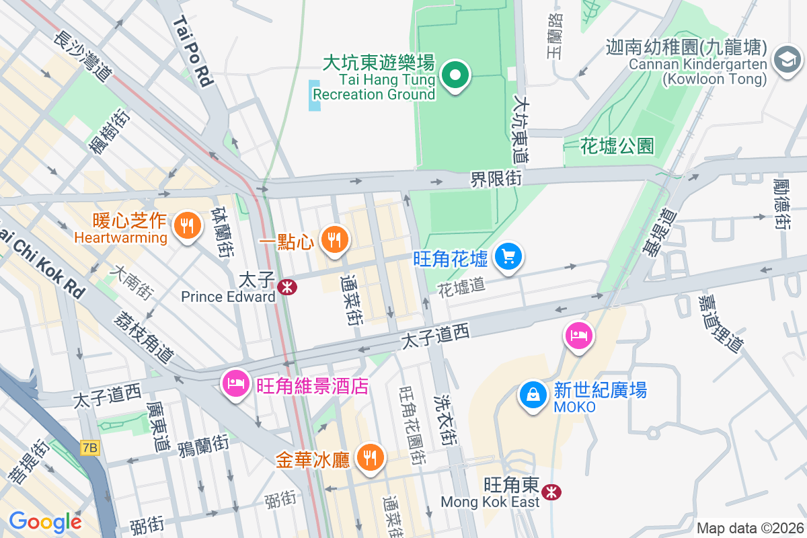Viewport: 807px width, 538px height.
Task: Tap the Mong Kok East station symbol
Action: (552, 492)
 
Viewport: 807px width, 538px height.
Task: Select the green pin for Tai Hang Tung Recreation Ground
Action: (455, 75)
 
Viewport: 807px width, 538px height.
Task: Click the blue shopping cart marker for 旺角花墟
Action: (508, 256)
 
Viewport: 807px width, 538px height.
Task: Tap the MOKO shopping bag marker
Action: (533, 395)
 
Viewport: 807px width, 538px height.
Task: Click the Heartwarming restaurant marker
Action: (186, 226)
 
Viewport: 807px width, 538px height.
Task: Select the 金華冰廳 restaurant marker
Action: (370, 457)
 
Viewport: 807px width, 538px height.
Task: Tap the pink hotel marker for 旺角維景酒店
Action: (235, 384)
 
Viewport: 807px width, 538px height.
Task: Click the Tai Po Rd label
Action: (193, 52)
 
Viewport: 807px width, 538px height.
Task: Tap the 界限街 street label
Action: (496, 178)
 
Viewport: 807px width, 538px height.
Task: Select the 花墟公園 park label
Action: (617, 145)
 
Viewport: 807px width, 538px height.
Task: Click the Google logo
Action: (45, 521)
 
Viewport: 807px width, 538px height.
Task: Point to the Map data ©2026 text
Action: (751, 528)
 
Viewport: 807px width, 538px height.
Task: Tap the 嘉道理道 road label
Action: (720, 323)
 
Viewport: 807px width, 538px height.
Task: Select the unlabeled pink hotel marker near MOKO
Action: (578, 335)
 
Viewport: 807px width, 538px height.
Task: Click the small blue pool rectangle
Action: (315, 95)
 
